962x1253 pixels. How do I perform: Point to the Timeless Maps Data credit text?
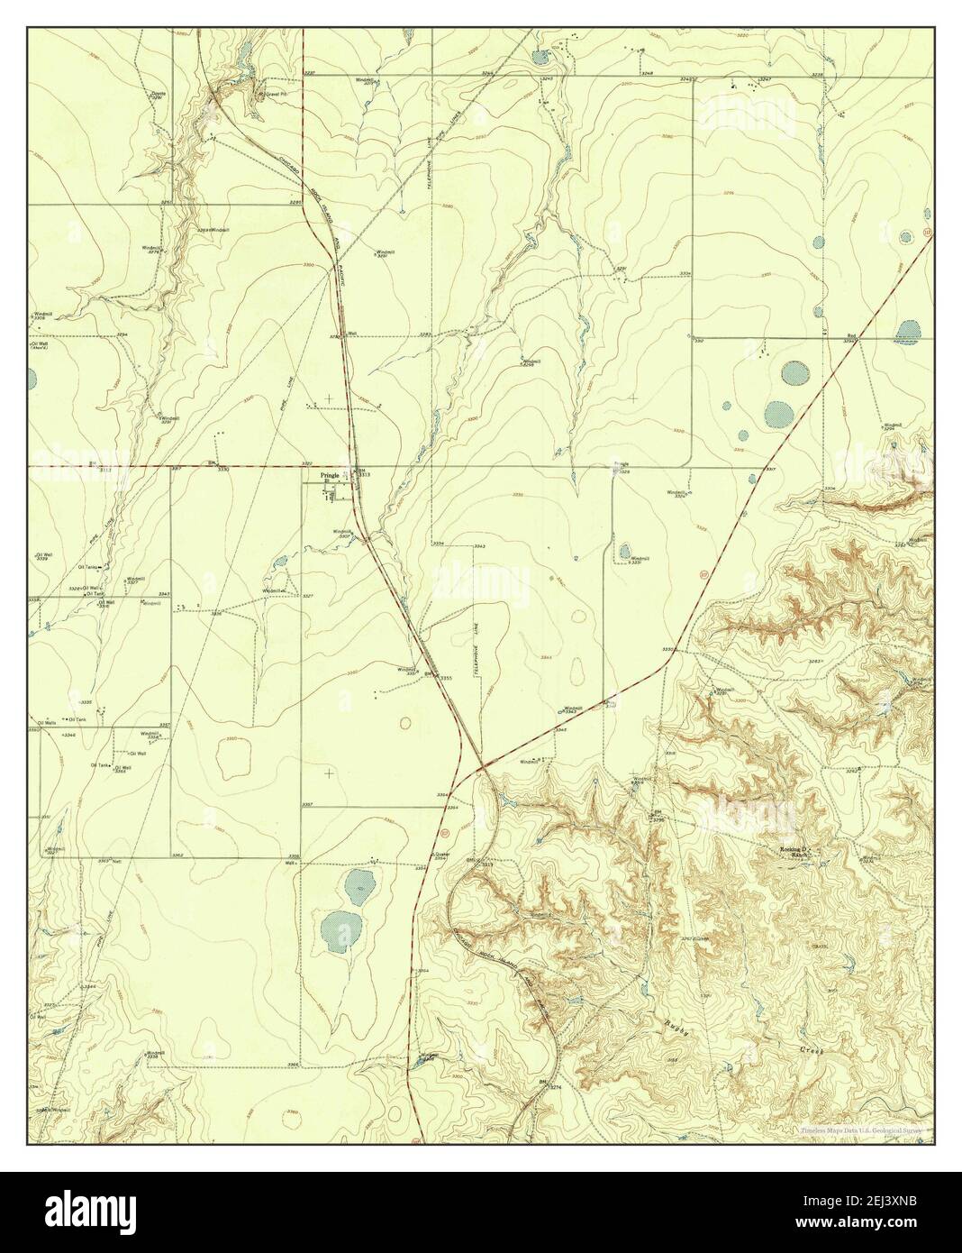[865, 1129]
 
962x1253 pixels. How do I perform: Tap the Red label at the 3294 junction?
[850, 336]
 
